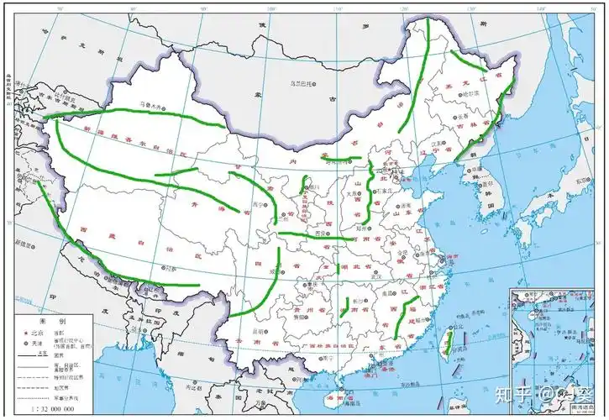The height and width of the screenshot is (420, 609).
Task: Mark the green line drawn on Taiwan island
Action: (x=449, y=341)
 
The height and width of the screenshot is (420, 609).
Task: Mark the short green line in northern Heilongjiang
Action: (x=466, y=63)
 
